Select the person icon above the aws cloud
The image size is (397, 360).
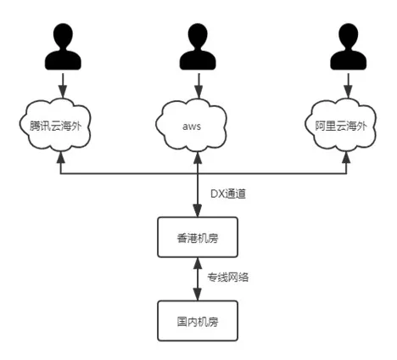click(x=198, y=47)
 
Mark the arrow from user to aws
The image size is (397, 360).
click(x=198, y=85)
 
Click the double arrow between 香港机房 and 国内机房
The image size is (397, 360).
click(x=198, y=278)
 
